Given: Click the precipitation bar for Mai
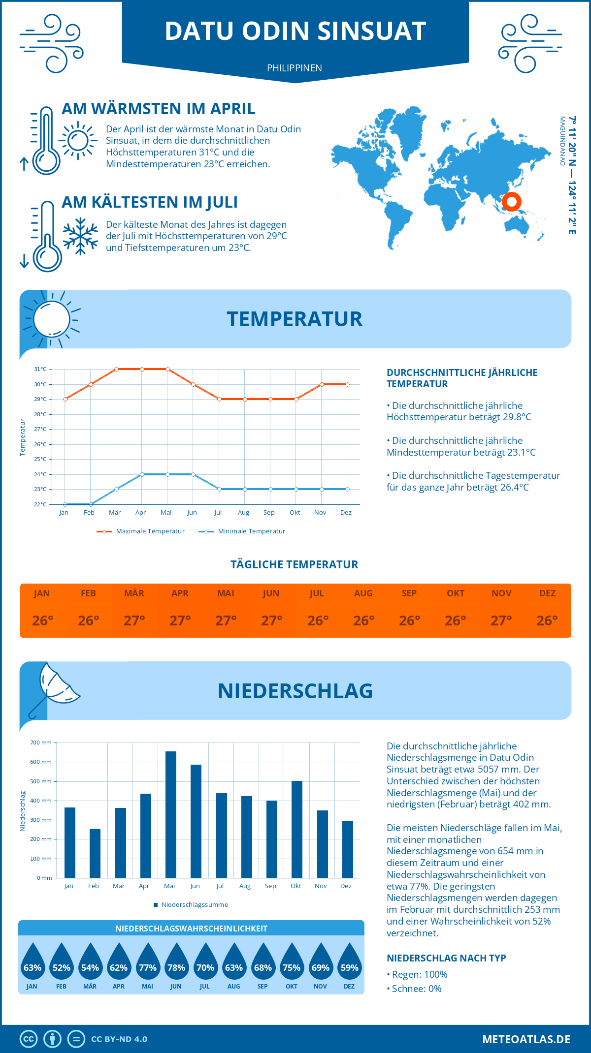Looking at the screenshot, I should click(x=171, y=814).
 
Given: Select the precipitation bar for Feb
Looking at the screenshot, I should click(x=95, y=853).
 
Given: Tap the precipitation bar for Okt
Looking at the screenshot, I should click(x=297, y=829).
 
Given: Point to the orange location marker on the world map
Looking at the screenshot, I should click(x=512, y=202).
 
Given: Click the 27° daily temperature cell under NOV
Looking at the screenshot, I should click(x=501, y=620).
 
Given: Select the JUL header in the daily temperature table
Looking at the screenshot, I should click(x=317, y=593).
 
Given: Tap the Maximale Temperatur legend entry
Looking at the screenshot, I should click(x=141, y=531).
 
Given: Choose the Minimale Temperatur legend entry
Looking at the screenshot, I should click(x=242, y=531).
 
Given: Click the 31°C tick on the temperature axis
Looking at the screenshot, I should click(x=40, y=369).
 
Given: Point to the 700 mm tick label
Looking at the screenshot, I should click(x=41, y=743).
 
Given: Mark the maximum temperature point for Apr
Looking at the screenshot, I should click(x=142, y=369).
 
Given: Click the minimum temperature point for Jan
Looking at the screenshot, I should click(x=65, y=504).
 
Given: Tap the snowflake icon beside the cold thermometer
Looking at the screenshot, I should click(x=80, y=236).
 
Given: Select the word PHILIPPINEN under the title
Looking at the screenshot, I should click(x=295, y=68).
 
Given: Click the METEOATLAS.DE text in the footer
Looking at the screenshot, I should click(x=526, y=1039).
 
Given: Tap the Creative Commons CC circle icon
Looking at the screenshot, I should click(x=29, y=1039).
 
